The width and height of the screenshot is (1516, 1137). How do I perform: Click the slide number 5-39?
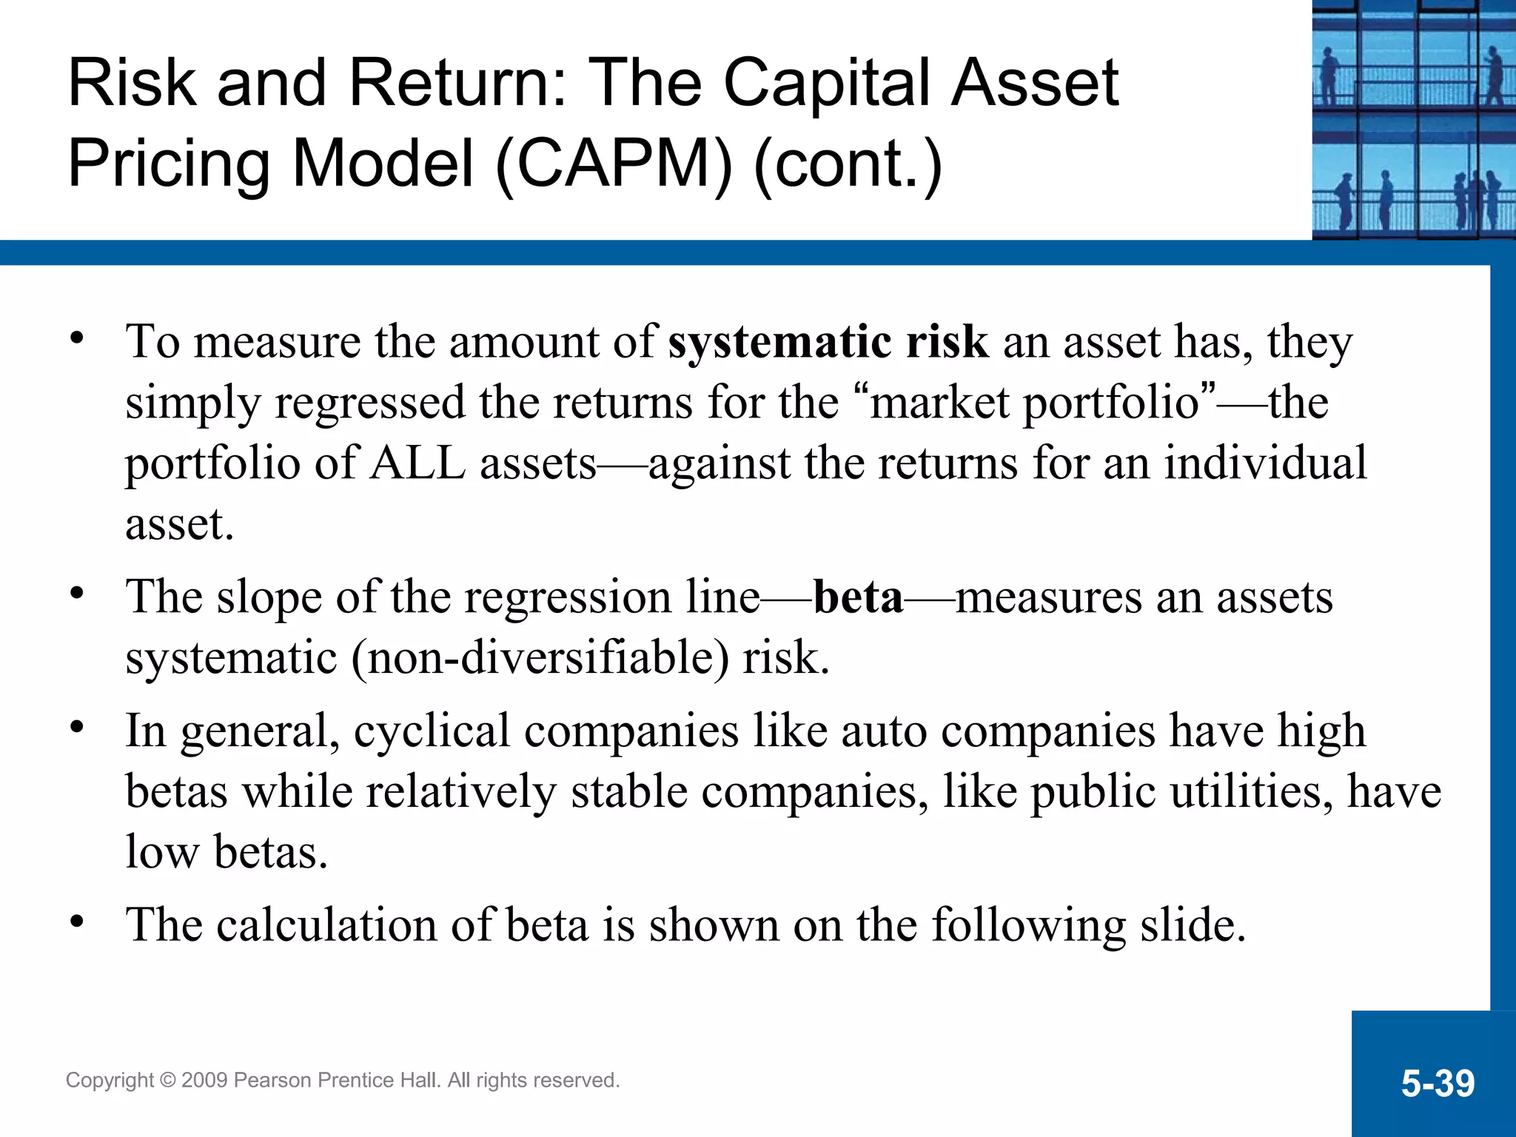coord(1438,1084)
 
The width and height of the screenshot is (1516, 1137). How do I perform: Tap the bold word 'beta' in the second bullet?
coord(858,597)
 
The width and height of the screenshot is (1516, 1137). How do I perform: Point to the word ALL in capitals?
coord(418,463)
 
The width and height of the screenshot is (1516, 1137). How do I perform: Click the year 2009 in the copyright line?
coord(204,1081)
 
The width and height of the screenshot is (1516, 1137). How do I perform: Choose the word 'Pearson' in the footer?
coord(272,1081)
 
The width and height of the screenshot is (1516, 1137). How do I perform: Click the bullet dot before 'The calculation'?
coord(77,922)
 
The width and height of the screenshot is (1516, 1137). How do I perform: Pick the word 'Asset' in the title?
coord(1034,83)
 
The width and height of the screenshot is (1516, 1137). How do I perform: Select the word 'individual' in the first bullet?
coord(1265,463)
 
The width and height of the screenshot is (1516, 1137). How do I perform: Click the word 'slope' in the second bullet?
coord(269,597)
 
